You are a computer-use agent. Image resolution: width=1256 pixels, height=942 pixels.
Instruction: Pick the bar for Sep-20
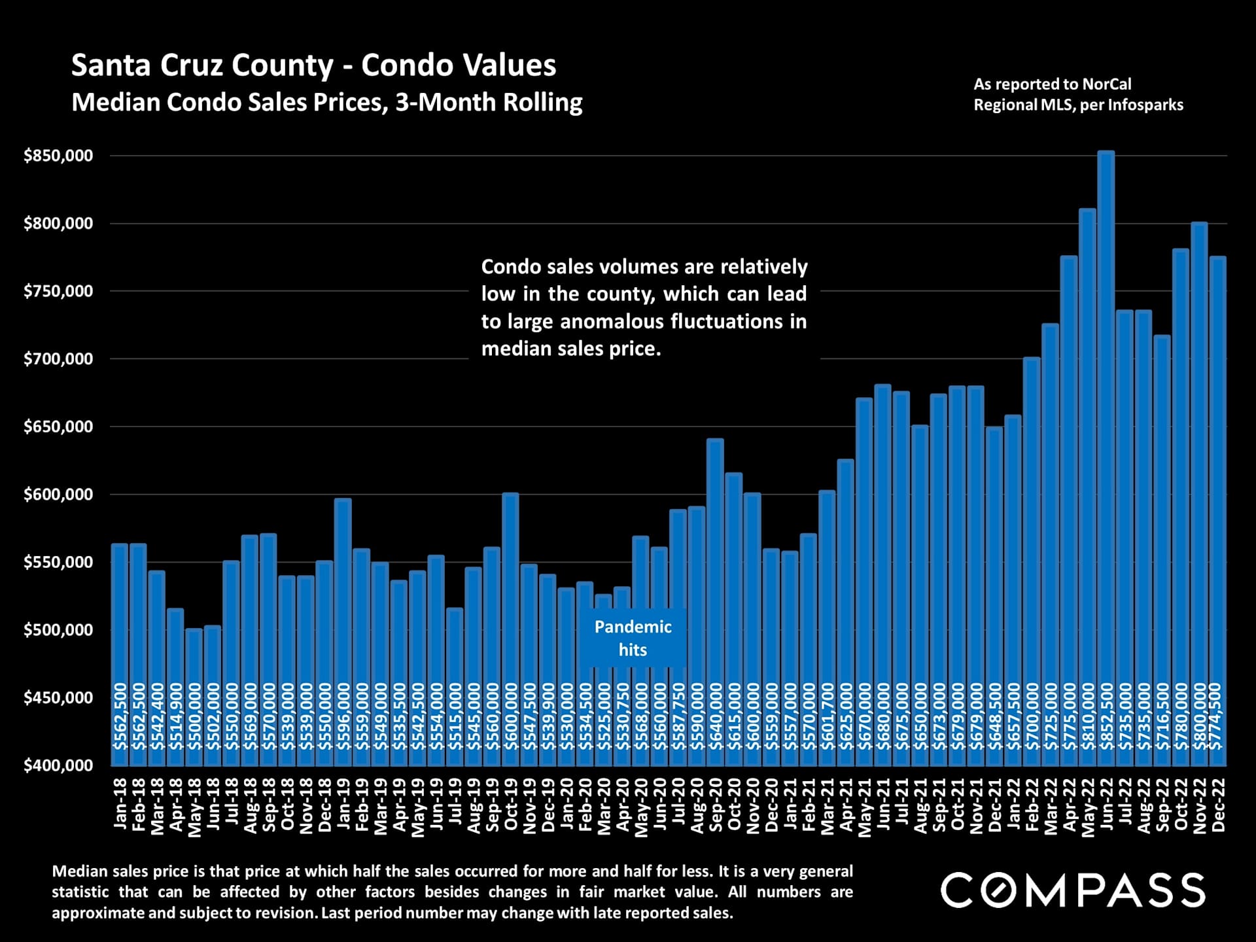point(715,602)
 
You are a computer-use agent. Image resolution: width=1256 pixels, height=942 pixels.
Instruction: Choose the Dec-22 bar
point(1217,510)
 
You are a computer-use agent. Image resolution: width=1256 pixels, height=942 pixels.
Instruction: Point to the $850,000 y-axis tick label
point(58,156)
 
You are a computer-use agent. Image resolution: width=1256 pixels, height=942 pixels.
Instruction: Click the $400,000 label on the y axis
point(58,765)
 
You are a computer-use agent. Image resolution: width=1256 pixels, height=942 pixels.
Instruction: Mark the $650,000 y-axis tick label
point(58,427)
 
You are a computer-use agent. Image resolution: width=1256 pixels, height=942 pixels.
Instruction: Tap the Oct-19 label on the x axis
point(511,805)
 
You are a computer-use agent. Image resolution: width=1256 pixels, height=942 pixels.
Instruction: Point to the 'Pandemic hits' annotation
point(633,638)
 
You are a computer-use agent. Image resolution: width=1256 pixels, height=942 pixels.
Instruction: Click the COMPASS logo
point(1073,890)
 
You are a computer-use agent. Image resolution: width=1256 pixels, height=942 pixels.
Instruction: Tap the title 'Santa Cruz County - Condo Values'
point(313,65)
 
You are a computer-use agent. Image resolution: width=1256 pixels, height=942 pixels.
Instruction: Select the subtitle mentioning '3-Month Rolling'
point(326,102)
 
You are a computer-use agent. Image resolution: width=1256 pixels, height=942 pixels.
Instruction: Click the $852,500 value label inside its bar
point(1106,716)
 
